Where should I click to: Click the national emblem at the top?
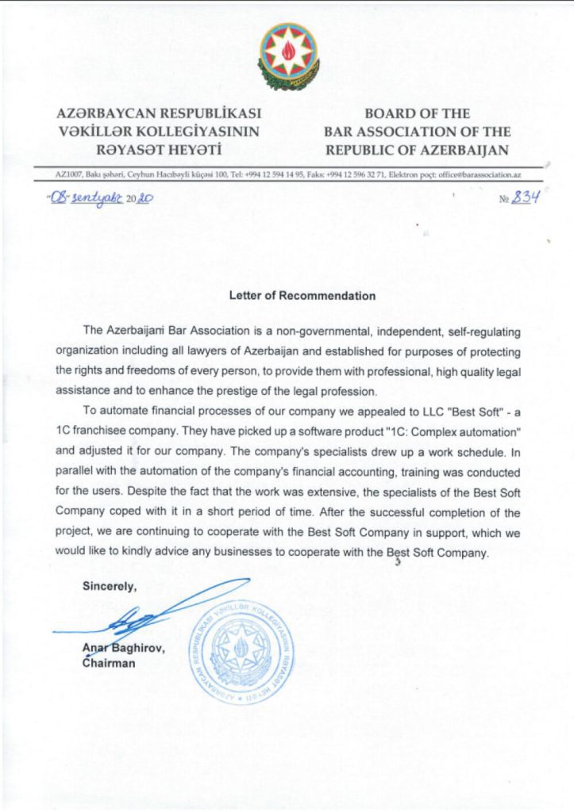(x=288, y=55)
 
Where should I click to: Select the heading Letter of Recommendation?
(x=302, y=296)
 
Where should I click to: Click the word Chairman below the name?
(x=109, y=664)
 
